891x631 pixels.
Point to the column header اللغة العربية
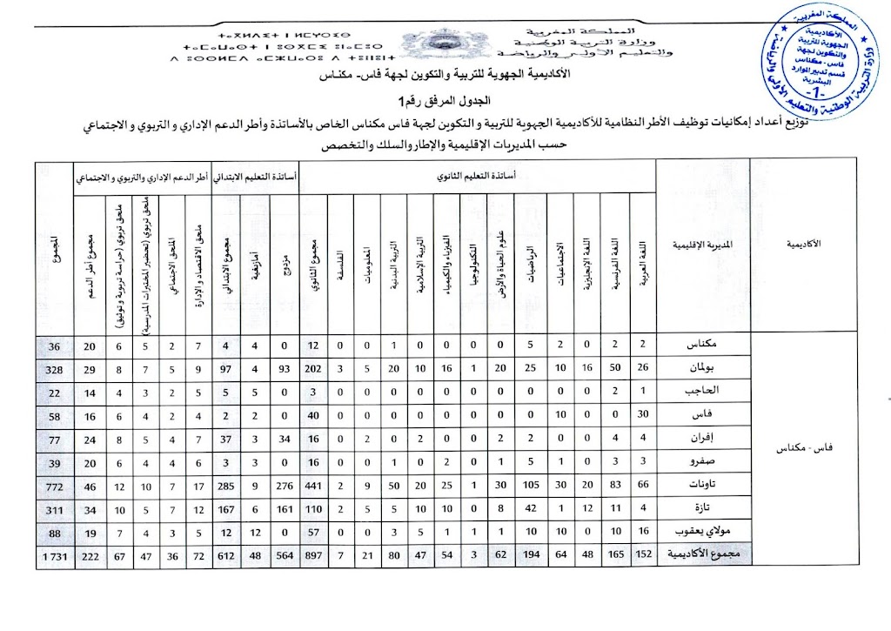(642, 270)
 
